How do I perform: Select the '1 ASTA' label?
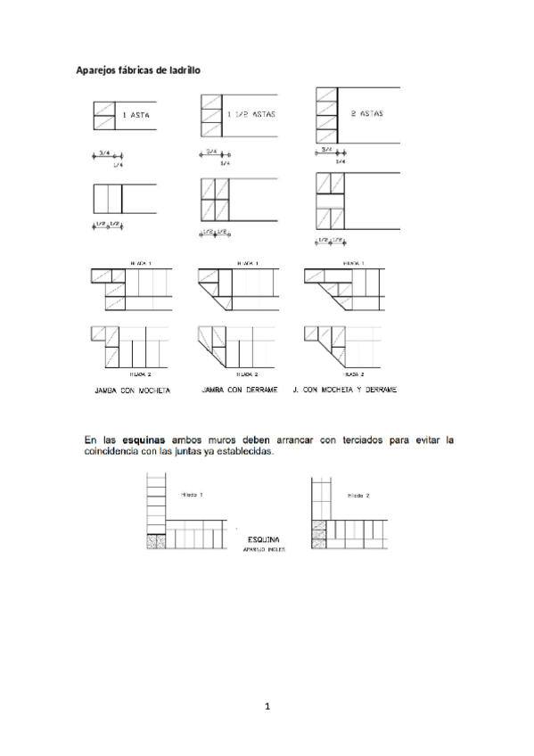point(136,116)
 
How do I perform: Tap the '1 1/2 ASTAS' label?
point(251,114)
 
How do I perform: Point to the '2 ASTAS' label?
point(366,113)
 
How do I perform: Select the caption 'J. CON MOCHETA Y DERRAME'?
point(344,390)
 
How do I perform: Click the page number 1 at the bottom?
point(267,707)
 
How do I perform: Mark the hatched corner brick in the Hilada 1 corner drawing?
point(157,541)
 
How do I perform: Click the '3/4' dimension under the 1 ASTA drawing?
point(104,152)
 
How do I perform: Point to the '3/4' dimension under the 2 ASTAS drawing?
point(327,150)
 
